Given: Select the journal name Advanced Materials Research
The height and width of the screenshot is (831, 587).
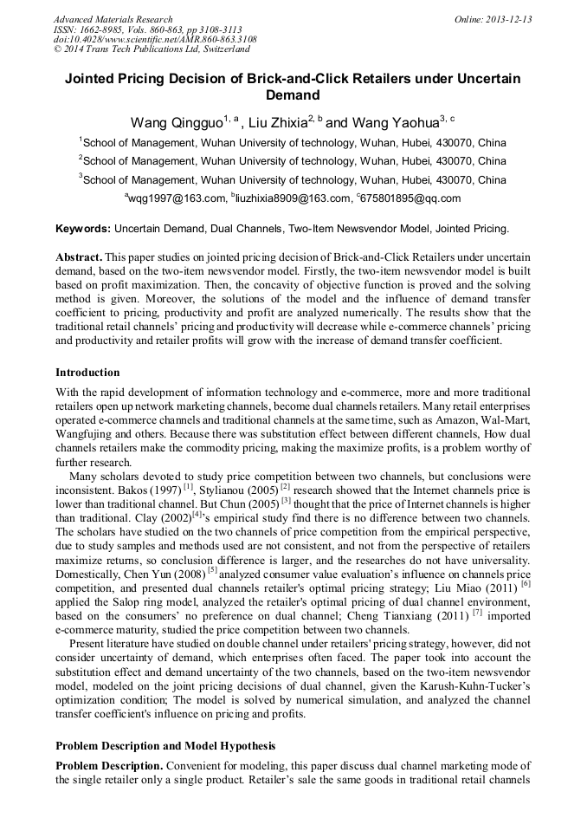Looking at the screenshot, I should click(113, 19).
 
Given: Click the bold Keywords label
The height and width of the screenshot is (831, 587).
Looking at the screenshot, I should click(82, 229).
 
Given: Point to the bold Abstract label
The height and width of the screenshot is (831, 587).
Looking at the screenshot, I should click(80, 259).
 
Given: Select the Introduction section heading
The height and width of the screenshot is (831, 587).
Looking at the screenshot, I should click(87, 373).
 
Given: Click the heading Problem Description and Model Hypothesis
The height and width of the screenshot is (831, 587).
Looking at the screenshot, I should click(165, 746).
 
